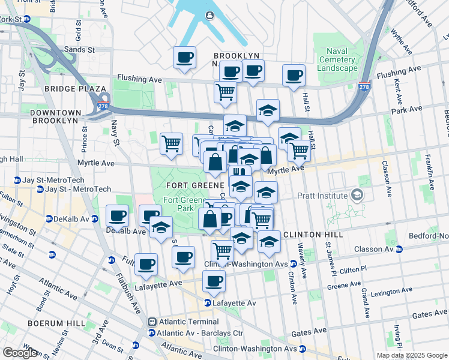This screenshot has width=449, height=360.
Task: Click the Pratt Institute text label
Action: tap(322, 196)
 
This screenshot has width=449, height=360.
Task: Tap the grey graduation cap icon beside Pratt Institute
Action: tap(358, 195)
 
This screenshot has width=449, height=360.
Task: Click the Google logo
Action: tap(20, 353)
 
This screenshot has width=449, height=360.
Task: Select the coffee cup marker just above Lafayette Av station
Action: tap(214, 281)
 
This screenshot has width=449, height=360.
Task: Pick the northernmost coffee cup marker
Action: tap(185, 58)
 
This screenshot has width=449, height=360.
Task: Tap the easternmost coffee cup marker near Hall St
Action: tap(294, 76)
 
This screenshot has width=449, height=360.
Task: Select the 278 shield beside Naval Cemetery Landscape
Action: tap(364, 86)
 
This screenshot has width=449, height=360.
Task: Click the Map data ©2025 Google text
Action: tap(411, 355)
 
